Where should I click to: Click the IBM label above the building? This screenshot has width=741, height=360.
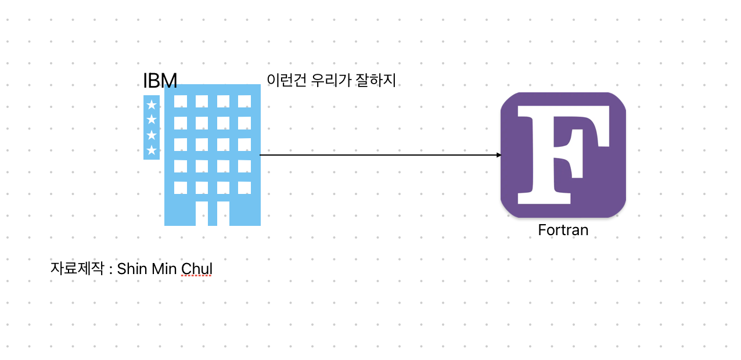click(x=160, y=81)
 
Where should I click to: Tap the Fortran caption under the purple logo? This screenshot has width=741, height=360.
click(x=563, y=230)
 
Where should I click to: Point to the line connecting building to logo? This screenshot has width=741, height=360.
click(x=377, y=155)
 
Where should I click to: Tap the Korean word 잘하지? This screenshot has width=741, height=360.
click(x=377, y=80)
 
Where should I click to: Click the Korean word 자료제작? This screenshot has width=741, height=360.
click(x=74, y=269)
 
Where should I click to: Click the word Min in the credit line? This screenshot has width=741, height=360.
click(x=164, y=269)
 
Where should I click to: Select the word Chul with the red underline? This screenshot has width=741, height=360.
click(x=197, y=269)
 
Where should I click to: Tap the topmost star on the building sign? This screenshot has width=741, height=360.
click(x=152, y=105)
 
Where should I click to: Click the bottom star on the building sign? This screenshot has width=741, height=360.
click(x=152, y=150)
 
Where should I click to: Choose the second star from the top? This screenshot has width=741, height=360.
click(x=152, y=120)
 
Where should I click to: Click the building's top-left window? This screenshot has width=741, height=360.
click(x=181, y=101)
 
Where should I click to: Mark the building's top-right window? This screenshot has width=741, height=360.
click(x=244, y=101)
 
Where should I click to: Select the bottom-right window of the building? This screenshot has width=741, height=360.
click(x=244, y=188)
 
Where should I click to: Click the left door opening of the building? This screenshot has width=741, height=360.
click(x=202, y=213)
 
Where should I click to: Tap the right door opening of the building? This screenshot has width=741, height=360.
click(x=223, y=213)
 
